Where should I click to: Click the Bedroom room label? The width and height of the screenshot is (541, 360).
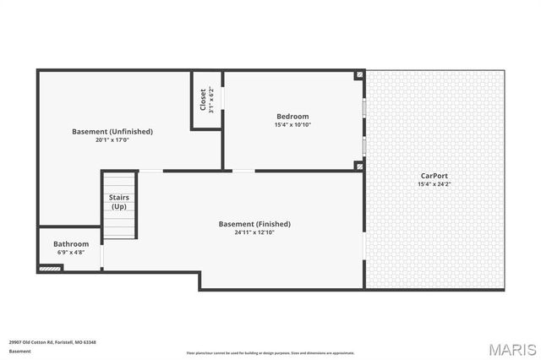(292, 117)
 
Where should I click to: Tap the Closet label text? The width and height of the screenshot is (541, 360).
(202, 100)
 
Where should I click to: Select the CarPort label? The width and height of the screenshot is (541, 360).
(434, 175)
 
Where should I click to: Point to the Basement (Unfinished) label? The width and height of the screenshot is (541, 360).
(112, 131)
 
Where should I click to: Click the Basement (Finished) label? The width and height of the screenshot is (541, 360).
(254, 224)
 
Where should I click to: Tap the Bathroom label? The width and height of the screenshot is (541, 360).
(71, 244)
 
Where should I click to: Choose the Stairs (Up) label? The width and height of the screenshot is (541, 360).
(119, 202)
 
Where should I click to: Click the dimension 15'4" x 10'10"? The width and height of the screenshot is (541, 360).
(292, 125)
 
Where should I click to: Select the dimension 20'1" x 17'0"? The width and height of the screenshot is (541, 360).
(112, 140)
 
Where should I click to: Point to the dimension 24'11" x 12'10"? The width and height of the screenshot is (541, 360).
(254, 232)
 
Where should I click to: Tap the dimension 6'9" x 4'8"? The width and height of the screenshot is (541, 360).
(71, 253)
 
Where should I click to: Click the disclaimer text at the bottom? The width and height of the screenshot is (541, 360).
(270, 353)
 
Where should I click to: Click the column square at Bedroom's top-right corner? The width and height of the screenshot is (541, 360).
(360, 75)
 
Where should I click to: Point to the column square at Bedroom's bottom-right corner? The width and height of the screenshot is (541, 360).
(360, 166)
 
